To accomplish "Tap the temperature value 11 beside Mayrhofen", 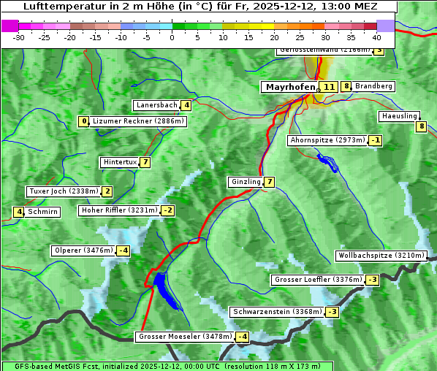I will click(x=329, y=87).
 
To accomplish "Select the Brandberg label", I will click(x=373, y=86).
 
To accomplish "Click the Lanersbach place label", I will click(x=156, y=105).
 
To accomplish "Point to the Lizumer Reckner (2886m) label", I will click(x=138, y=121).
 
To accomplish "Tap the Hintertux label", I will click(x=121, y=162).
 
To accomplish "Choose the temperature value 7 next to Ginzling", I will click(x=270, y=182).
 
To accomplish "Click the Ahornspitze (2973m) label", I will click(x=327, y=139).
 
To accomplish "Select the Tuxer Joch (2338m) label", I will click(x=63, y=191).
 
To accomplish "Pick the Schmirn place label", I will click(x=42, y=212).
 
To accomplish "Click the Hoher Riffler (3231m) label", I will click(x=119, y=210).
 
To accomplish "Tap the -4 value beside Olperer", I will click(x=123, y=251).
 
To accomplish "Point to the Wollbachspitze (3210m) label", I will click(x=380, y=256).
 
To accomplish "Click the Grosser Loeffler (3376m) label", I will click(x=317, y=280).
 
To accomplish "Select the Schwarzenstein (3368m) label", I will click(x=276, y=312).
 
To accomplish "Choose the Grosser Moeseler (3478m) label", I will click(x=185, y=337).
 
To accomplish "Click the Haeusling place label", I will click(x=399, y=116).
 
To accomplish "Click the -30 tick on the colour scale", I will click(x=19, y=37).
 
